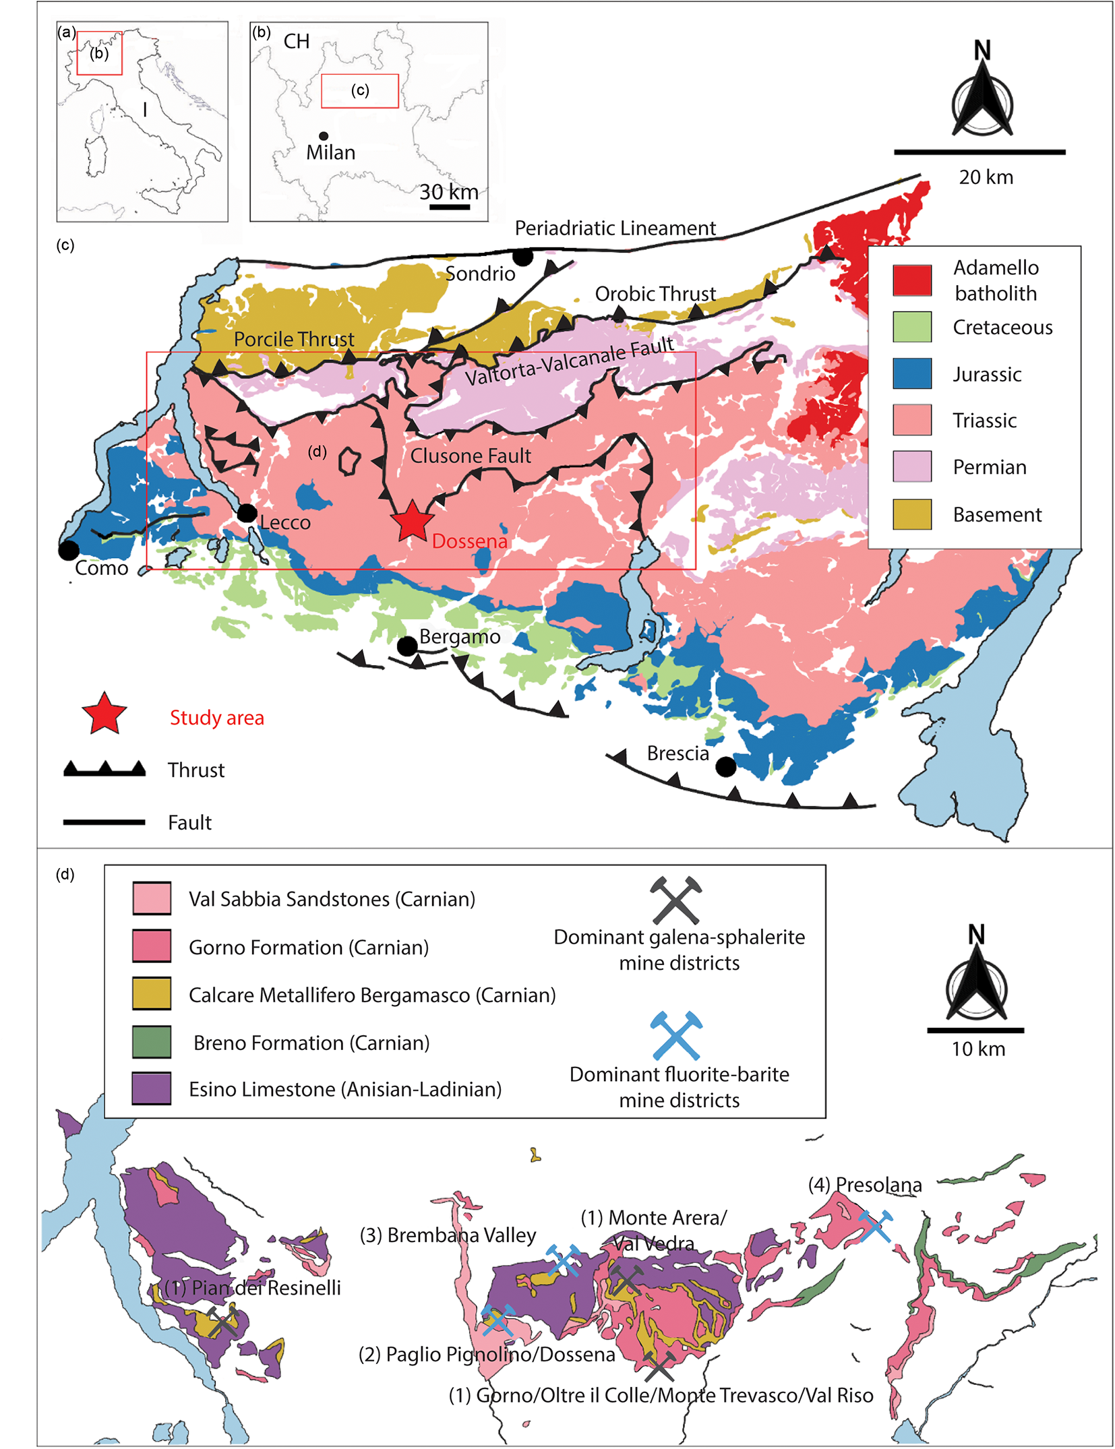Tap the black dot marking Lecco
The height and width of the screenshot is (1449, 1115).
click(247, 513)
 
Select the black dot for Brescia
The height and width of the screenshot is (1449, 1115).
click(725, 766)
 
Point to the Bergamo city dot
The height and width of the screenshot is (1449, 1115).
click(406, 646)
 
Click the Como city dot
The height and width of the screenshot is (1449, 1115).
click(68, 550)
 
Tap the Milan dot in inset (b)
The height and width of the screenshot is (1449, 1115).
click(324, 136)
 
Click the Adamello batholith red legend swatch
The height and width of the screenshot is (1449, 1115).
click(911, 280)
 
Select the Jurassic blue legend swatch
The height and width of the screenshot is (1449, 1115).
click(911, 373)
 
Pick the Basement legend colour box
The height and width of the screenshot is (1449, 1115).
click(911, 514)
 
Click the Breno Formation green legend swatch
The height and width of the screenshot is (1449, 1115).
click(152, 1042)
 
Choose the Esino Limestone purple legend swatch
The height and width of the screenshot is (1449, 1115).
click(152, 1088)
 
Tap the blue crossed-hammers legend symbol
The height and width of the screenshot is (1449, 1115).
click(676, 1035)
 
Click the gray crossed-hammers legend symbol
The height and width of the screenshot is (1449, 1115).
click(676, 900)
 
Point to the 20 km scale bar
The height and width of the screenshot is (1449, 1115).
click(979, 152)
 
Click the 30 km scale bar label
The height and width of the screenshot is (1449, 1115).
click(448, 192)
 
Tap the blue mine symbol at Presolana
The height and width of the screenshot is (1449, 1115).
click(875, 1226)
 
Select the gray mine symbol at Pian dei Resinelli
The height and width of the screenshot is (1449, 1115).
click(222, 1322)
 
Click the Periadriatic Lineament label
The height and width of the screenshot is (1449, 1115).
click(615, 228)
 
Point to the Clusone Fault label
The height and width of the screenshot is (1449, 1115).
click(471, 456)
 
